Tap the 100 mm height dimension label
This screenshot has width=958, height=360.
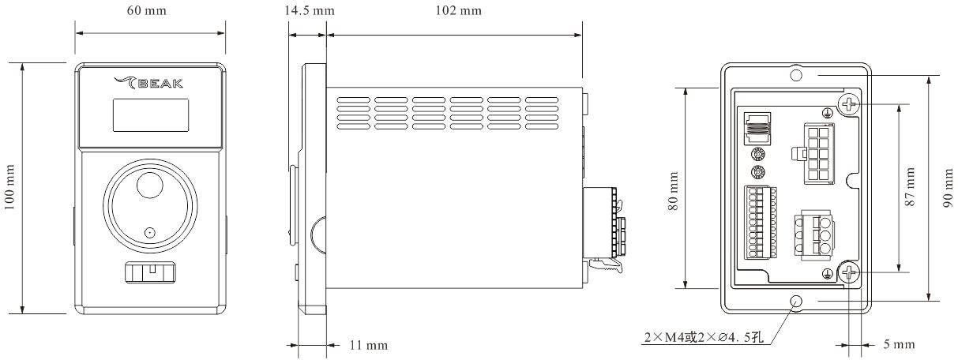(11, 188)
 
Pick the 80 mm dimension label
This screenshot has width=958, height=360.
(674, 187)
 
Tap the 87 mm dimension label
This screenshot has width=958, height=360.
(911, 187)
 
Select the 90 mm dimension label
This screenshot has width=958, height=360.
(948, 187)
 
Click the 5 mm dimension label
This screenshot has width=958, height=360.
(897, 345)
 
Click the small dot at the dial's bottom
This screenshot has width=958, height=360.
(148, 233)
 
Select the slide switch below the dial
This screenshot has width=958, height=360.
(149, 273)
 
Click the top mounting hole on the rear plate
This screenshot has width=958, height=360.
(796, 75)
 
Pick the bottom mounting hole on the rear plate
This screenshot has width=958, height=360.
(796, 301)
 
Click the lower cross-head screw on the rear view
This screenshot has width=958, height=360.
(849, 274)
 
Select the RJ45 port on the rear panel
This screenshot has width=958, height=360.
(757, 126)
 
